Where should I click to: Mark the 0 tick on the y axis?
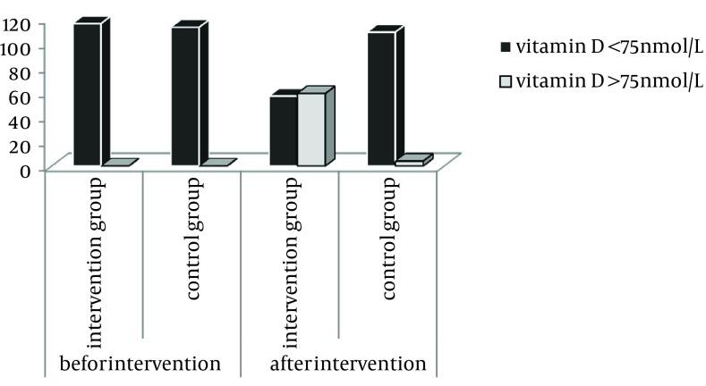coord(26,169)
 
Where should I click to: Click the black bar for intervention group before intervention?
coord(87,94)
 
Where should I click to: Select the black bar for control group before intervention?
coord(185,96)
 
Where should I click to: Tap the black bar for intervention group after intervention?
coord(283,130)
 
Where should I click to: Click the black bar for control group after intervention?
coord(381,98)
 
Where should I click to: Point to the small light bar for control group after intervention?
coord(409,163)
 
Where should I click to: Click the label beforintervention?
coord(139,364)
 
